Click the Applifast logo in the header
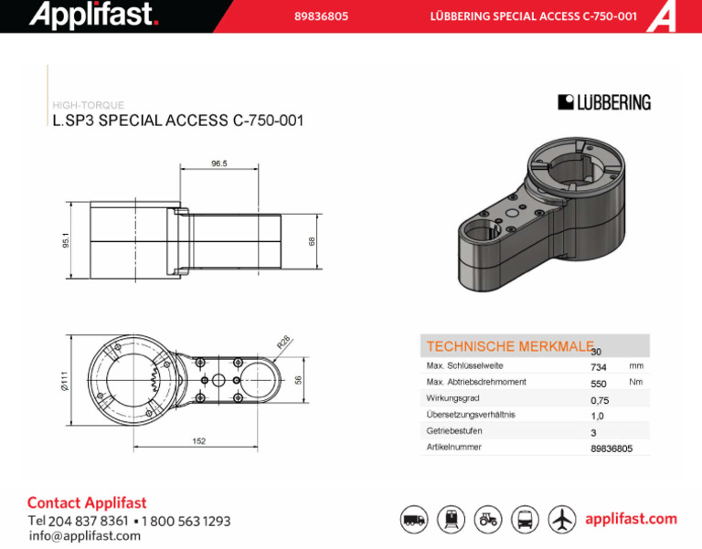(x=94, y=15)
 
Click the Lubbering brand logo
(x=604, y=102)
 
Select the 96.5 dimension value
(x=218, y=164)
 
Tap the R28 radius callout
(x=283, y=342)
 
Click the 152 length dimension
(x=199, y=441)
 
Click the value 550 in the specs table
(x=599, y=384)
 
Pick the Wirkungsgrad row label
(x=452, y=398)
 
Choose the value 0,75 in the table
(x=600, y=400)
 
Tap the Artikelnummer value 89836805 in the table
(x=612, y=449)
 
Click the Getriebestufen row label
(x=454, y=431)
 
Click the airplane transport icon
(x=562, y=520)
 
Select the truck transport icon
(x=414, y=520)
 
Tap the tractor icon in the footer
(x=488, y=520)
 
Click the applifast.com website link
(x=631, y=519)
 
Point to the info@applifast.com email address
(x=85, y=536)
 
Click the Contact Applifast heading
(x=87, y=502)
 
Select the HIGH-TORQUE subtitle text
(x=89, y=105)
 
